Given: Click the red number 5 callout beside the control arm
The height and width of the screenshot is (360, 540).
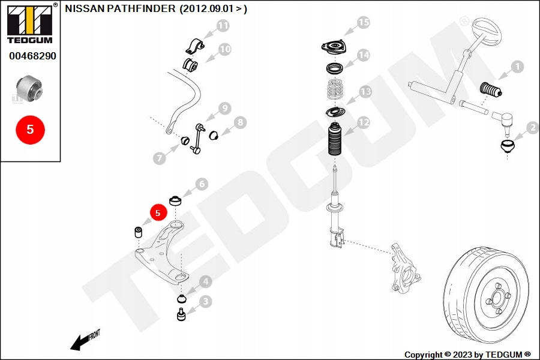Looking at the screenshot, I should pos(158,212).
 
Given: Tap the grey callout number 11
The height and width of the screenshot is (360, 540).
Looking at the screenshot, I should pos(223,26).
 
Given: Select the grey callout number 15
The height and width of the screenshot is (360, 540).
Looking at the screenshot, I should pos(363,23).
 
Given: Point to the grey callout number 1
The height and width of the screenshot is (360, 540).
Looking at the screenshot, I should pos(517,67).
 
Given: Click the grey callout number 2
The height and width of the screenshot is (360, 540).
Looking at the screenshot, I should pos(532,127).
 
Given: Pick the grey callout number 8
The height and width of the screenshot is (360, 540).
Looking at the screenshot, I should pos(239,123).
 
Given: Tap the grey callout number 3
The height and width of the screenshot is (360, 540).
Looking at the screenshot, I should pos(205,301).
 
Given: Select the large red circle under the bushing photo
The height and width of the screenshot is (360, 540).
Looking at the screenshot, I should pos(31,129).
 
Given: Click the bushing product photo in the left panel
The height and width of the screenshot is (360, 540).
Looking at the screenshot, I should pos(29,87).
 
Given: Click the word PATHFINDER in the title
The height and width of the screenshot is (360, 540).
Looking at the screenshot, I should pos(143,9).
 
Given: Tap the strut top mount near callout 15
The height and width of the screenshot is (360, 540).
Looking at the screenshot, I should pos(334,46).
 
